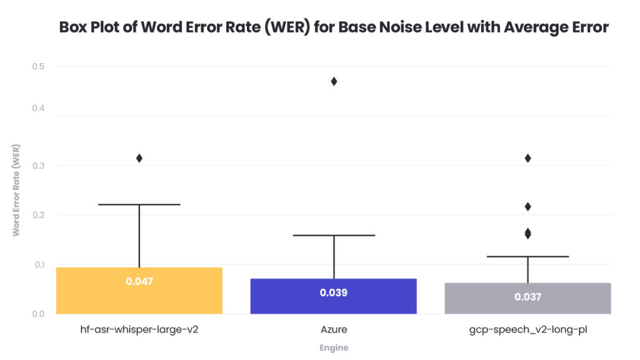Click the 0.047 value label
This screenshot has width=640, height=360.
(139, 281)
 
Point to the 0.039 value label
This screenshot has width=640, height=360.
(333, 292)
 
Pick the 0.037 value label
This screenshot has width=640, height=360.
(527, 297)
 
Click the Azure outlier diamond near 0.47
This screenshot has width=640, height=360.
(334, 81)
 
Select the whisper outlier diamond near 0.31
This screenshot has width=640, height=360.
(139, 158)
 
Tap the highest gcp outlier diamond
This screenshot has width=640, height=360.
(527, 158)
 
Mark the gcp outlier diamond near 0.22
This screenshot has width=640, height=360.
(527, 206)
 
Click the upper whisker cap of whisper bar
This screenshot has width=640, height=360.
(139, 204)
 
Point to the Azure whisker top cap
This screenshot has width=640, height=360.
(333, 235)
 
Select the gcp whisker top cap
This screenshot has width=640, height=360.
(527, 256)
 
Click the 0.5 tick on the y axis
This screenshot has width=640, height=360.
(38, 66)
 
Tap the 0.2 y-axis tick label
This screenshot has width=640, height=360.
(38, 215)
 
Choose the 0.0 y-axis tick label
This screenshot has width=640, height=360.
(38, 314)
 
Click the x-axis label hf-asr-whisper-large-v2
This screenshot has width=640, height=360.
(139, 329)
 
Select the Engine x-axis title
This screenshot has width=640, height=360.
(333, 347)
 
